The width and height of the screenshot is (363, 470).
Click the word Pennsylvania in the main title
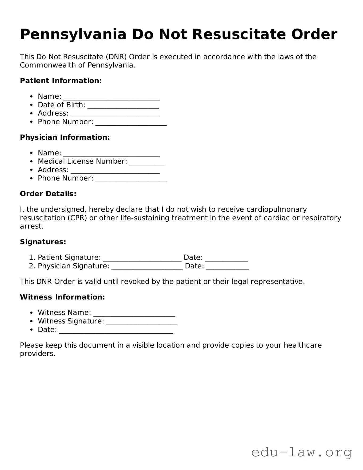pyautogui.click(x=73, y=35)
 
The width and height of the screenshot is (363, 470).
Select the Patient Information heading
pyautogui.click(x=61, y=81)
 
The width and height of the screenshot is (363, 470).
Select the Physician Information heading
pyautogui.click(x=65, y=137)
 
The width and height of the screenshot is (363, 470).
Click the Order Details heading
pyautogui.click(x=48, y=194)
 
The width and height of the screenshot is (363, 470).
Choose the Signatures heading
pyautogui.click(x=43, y=242)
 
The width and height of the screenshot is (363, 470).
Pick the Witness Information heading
pyautogui.click(x=62, y=297)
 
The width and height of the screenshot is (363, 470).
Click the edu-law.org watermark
pyautogui.click(x=301, y=452)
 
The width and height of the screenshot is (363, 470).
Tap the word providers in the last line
pyautogui.click(x=37, y=354)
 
